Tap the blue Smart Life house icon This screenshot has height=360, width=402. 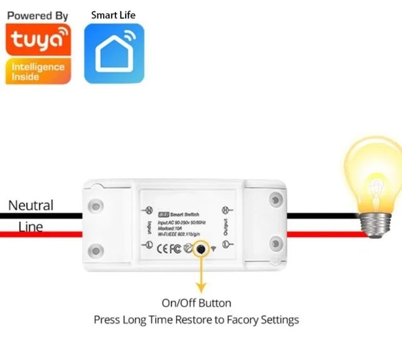(x=114, y=53)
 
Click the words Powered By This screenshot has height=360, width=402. (x=38, y=14)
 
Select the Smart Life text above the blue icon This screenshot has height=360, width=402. (x=113, y=14)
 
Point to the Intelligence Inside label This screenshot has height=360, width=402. (x=38, y=71)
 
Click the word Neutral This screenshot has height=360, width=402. (x=31, y=205)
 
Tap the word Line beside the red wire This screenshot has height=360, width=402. (x=31, y=226)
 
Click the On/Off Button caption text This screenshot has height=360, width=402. (x=197, y=303)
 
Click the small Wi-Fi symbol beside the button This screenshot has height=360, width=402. (x=214, y=249)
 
